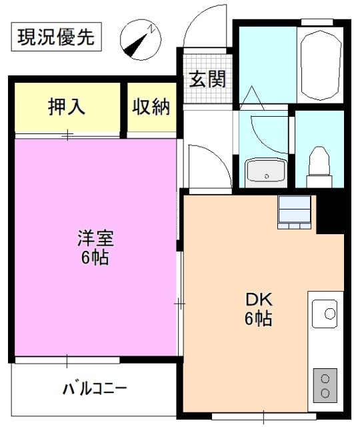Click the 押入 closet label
pos(67,107)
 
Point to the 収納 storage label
pos(151,107)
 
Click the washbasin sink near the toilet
pos(266,172)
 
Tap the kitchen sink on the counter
pos(326,312)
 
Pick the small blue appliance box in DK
pos(294,212)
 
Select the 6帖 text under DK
pos(257,320)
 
